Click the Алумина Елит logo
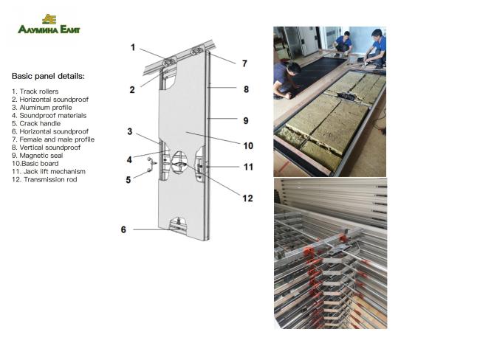(x=49, y=25)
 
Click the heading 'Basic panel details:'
(x=48, y=76)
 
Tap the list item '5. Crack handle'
(x=36, y=123)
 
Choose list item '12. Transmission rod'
(x=44, y=179)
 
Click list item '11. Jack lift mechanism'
(x=49, y=171)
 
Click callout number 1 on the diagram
(x=133, y=47)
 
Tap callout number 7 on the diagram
(x=244, y=63)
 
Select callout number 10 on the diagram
(x=248, y=145)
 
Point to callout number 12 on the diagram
(x=248, y=198)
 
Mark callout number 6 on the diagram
(x=124, y=229)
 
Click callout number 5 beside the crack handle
(x=128, y=179)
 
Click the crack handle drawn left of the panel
(x=151, y=166)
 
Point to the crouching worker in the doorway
(x=341, y=43)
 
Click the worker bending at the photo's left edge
(x=286, y=79)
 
